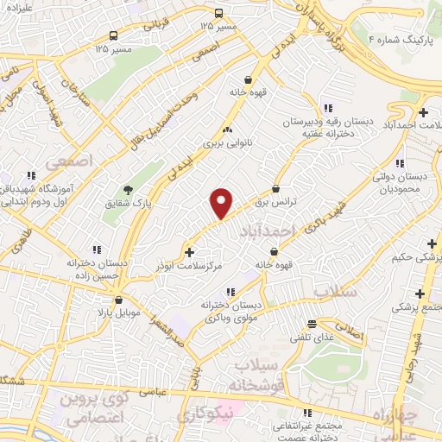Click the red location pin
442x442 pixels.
coord(222,202)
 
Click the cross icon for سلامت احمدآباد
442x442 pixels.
coord(422,112)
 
